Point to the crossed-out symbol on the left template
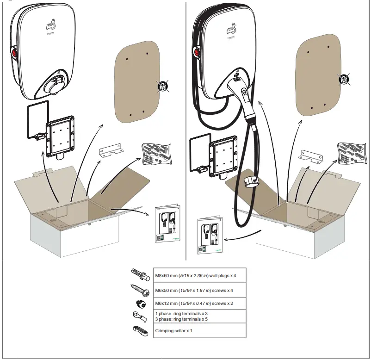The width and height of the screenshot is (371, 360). (x=161, y=86)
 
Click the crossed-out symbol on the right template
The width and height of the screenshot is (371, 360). (x=343, y=80)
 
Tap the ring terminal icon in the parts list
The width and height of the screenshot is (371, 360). (x=139, y=316)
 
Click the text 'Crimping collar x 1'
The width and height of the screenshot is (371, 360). (x=173, y=331)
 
